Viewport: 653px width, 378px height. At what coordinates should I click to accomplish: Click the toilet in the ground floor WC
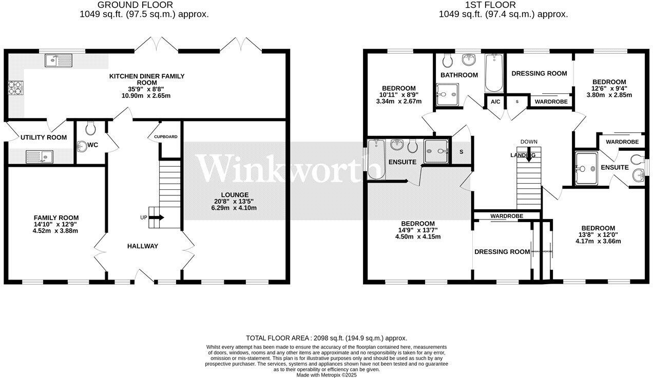[x=91, y=127]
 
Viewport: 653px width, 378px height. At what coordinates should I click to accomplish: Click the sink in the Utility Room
[x=39, y=155]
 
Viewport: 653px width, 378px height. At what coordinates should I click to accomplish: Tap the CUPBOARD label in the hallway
[x=166, y=137]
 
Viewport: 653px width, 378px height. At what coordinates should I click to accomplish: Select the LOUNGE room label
[x=235, y=195]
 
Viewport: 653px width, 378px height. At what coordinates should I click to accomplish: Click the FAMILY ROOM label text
[x=56, y=218]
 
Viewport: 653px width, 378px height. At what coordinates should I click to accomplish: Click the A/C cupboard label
[x=495, y=102]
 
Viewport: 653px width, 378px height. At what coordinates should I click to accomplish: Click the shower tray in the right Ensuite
[x=586, y=168]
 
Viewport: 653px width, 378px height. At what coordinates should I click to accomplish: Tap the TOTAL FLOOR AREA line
[x=326, y=338]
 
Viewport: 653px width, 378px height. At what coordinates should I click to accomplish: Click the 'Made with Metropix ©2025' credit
[x=326, y=375]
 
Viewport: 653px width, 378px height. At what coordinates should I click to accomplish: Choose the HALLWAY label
[x=143, y=246]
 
